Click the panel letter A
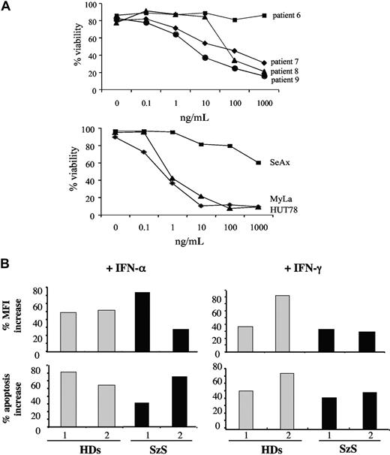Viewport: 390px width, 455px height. [7, 7]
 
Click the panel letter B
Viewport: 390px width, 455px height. [7, 264]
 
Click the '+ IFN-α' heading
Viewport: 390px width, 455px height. [115, 269]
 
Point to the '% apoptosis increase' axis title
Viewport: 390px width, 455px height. [25, 394]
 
